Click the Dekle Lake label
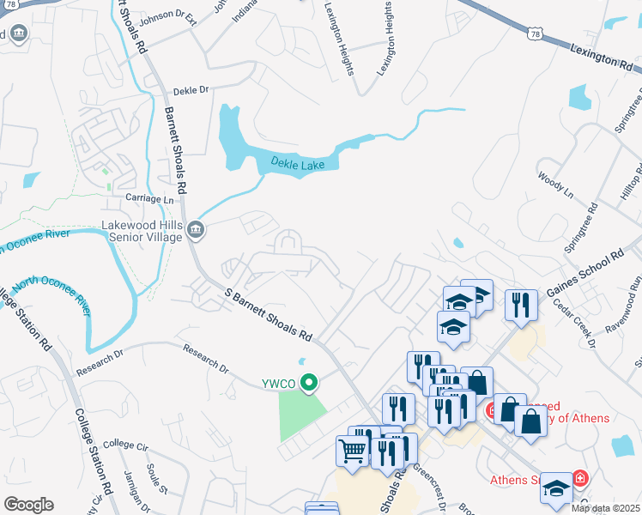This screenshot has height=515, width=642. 298,162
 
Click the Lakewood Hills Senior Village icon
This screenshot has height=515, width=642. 197,229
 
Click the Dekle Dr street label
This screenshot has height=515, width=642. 191,90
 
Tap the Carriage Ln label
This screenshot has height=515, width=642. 150,198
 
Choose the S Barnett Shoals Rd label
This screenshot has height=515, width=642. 269,314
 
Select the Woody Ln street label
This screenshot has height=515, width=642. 554,186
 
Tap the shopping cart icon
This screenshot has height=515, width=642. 353,450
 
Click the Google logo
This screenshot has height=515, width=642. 29,504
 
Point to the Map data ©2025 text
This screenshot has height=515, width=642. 605,508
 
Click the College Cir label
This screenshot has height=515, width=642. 125,445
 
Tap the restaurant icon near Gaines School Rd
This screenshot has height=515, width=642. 521,305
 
